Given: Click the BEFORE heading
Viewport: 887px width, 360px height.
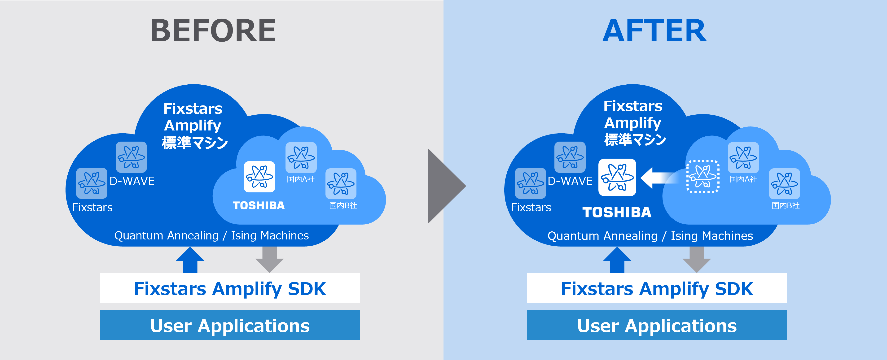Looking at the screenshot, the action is pyautogui.click(x=213, y=31).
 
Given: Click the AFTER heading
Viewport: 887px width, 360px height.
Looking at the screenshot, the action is pyautogui.click(x=654, y=31).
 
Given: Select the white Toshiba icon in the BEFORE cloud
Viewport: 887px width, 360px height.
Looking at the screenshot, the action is pyautogui.click(x=259, y=177).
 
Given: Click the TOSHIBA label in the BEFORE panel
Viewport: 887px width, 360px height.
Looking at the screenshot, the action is pyautogui.click(x=259, y=205).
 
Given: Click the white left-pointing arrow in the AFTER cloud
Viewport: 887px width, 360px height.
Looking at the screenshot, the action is pyautogui.click(x=659, y=178).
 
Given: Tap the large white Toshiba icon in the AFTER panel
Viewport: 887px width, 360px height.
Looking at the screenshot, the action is pyautogui.click(x=617, y=177).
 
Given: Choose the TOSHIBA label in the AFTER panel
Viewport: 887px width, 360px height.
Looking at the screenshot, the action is pyautogui.click(x=617, y=212).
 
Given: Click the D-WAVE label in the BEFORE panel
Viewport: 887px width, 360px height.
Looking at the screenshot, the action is pyautogui.click(x=132, y=181).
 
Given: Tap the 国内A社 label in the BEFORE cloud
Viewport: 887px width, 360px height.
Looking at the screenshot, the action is pyautogui.click(x=301, y=179).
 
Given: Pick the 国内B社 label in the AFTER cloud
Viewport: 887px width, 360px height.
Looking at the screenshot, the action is pyautogui.click(x=786, y=205).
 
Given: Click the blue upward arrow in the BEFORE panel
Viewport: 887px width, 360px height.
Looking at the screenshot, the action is pyautogui.click(x=190, y=260).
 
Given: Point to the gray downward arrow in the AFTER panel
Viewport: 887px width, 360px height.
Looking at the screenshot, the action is pyautogui.click(x=697, y=260).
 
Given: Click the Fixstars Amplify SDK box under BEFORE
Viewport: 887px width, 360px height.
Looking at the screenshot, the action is pyautogui.click(x=230, y=288).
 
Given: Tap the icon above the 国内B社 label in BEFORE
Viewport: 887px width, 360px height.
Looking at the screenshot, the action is pyautogui.click(x=341, y=183).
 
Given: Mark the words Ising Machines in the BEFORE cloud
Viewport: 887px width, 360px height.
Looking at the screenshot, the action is pyautogui.click(x=270, y=236).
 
